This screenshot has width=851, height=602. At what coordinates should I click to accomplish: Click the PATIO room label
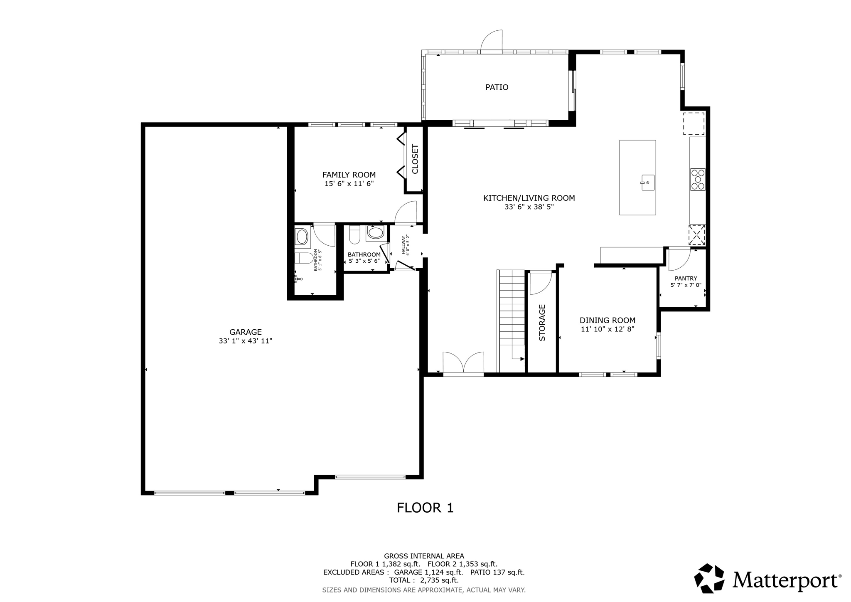[x=497, y=87]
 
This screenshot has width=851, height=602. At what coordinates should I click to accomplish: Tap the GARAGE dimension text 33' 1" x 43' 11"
[x=245, y=341]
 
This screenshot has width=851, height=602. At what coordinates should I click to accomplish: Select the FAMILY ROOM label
[x=349, y=175]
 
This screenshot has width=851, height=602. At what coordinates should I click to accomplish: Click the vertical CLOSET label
[x=415, y=159]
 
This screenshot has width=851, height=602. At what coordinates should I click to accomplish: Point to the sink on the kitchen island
[x=647, y=183]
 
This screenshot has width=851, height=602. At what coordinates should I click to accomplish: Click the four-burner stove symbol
[x=698, y=179]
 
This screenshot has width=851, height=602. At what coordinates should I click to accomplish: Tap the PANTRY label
[x=686, y=279]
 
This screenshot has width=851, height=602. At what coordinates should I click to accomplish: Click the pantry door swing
[x=678, y=258]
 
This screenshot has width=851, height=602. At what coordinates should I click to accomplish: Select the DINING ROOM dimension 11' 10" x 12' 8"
[x=608, y=329]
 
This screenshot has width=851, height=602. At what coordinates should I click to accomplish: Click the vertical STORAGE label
[x=542, y=323]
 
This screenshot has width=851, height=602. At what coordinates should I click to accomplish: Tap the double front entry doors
[x=463, y=363]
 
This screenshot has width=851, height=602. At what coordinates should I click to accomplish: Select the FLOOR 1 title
[x=425, y=508]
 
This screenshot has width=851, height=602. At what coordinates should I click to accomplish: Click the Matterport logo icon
[x=709, y=578]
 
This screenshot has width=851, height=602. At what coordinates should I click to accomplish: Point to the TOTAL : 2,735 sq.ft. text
[x=424, y=580]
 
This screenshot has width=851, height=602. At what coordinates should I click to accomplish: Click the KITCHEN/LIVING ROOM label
[x=529, y=198]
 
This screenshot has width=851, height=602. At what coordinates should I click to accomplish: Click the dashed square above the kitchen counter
[x=694, y=123]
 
